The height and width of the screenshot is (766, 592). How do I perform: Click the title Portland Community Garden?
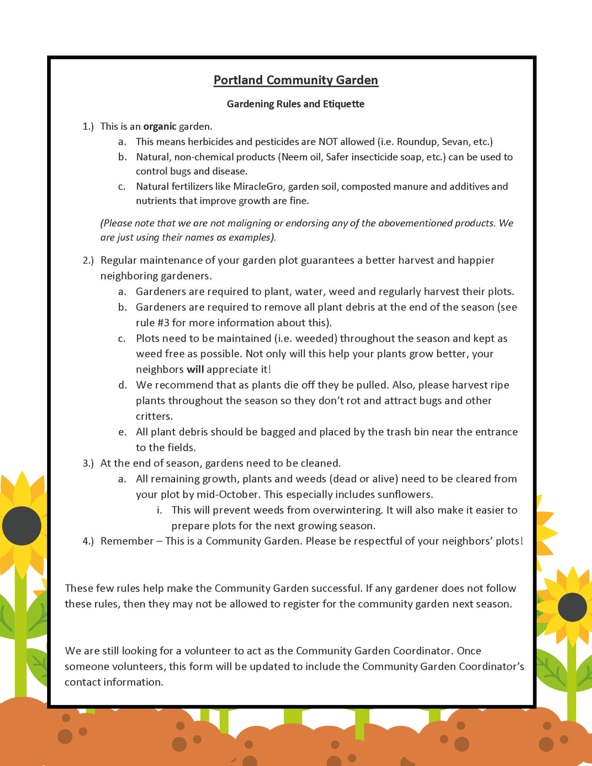pyautogui.click(x=296, y=80)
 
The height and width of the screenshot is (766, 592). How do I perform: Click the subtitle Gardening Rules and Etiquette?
pyautogui.click(x=295, y=104)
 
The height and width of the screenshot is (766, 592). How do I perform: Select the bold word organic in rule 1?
pyautogui.click(x=159, y=126)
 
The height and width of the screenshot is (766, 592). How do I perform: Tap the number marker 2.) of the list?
pyautogui.click(x=88, y=260)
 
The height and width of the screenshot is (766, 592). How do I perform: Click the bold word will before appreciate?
pyautogui.click(x=195, y=369)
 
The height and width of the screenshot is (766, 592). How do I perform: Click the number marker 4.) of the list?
pyautogui.click(x=88, y=541)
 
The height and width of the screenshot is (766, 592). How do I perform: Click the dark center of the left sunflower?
pyautogui.click(x=21, y=525)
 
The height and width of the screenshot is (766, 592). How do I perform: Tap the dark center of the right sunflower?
pyautogui.click(x=572, y=607)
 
